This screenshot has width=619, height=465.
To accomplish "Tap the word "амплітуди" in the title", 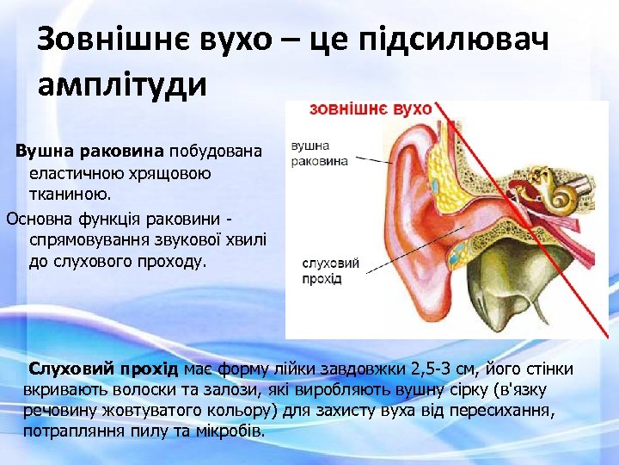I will point(122,87).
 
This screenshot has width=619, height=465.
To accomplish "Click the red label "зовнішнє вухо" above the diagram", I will point(370,109).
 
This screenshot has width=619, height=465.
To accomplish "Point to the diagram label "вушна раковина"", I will point(320,153).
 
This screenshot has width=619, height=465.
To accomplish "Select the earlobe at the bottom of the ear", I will point(427,319).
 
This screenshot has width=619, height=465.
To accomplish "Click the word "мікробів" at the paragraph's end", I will point(231,430).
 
